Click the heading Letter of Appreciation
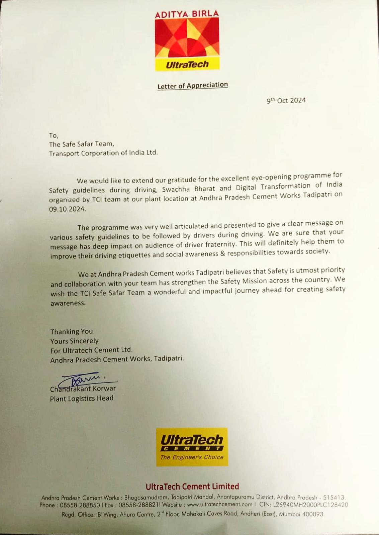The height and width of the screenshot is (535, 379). [192, 86]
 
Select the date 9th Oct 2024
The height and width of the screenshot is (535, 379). [286, 100]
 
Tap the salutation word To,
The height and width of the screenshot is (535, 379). [54, 135]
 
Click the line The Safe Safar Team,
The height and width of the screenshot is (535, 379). [82, 144]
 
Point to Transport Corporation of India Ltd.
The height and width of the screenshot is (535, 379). [103, 153]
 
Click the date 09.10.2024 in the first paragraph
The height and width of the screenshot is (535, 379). [67, 209]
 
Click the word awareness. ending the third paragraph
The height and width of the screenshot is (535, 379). [68, 303]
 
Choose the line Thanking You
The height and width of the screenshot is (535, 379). [71, 332]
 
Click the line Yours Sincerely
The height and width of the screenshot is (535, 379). [74, 341]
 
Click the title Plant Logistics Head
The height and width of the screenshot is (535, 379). [82, 398]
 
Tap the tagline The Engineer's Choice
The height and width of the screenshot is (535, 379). [192, 457]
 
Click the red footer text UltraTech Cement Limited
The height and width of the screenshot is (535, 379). [192, 487]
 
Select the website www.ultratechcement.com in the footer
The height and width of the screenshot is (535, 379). [219, 505]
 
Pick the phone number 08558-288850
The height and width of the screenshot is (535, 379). [80, 505]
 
